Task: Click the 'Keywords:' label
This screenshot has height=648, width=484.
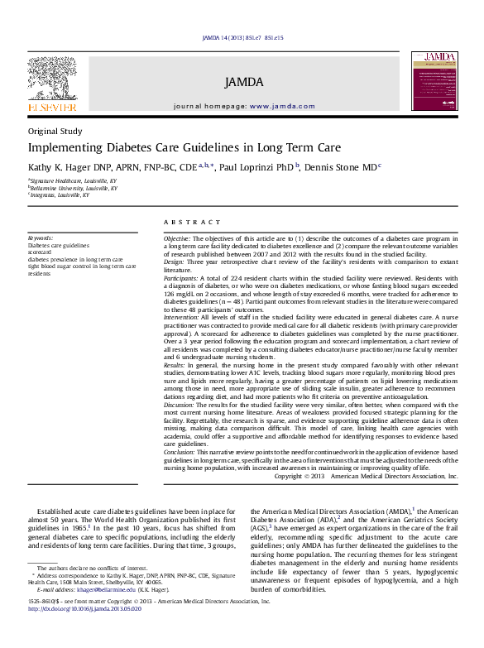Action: pyautogui.click(x=41, y=238)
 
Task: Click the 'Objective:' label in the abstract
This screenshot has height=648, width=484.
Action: pyautogui.click(x=178, y=238)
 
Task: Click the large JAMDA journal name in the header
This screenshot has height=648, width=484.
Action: pyautogui.click(x=243, y=82)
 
